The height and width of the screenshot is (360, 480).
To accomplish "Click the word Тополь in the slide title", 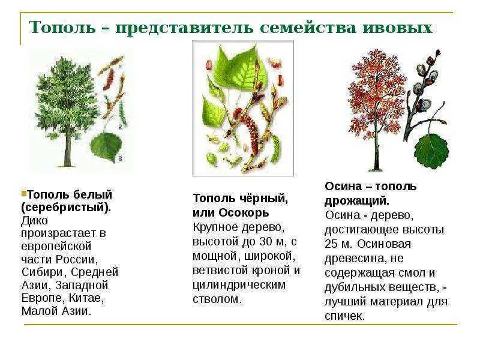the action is pyautogui.click(x=62, y=27).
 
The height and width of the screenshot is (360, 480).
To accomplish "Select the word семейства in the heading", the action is pyautogui.click(x=308, y=28).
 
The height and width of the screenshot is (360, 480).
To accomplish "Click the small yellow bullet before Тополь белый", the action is pyautogui.click(x=24, y=193).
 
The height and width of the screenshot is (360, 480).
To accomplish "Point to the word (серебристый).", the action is pyautogui.click(x=66, y=208).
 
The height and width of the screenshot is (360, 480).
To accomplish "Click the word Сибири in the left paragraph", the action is pyautogui.click(x=43, y=272).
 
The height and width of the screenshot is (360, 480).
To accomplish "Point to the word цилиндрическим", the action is pyautogui.click(x=239, y=285).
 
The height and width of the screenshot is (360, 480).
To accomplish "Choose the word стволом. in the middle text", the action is pyautogui.click(x=217, y=299).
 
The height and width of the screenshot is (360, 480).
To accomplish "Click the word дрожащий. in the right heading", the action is pyautogui.click(x=357, y=201).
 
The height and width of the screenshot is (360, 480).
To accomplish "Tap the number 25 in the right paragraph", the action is pyautogui.click(x=332, y=244).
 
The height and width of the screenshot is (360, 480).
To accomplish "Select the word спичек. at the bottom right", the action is pyautogui.click(x=345, y=316).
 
